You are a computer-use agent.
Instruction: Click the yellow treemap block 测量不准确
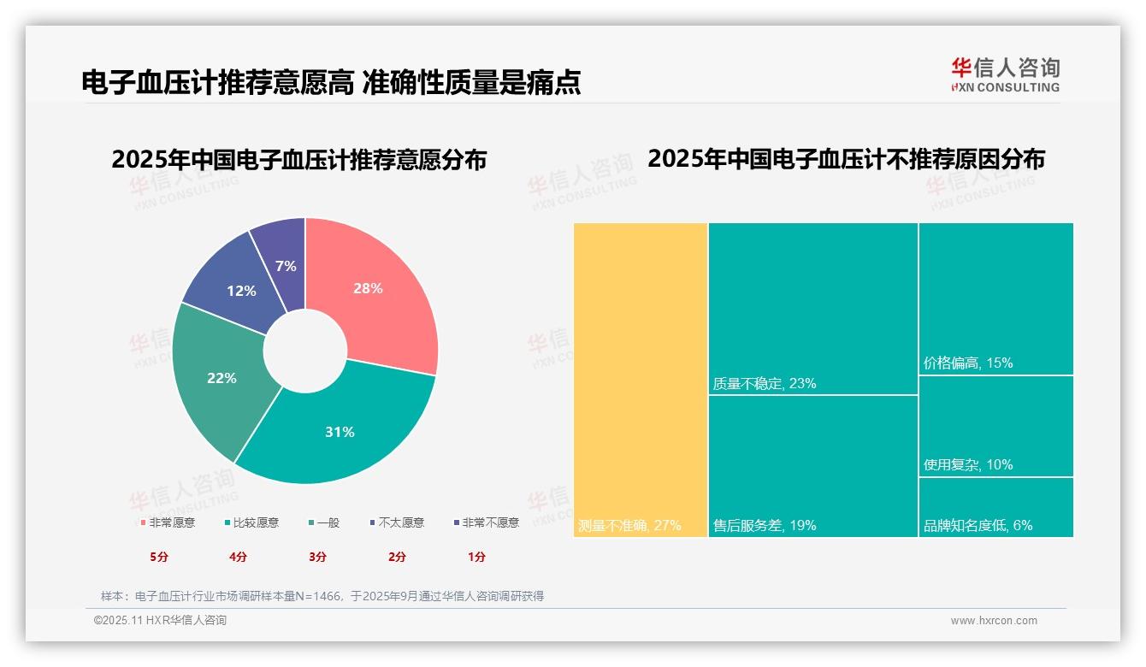click(641, 376)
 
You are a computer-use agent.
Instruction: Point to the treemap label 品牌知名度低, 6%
click(978, 525)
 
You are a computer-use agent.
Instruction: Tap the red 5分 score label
click(159, 557)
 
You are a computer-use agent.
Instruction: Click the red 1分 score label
click(476, 557)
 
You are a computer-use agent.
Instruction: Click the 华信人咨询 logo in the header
click(1005, 74)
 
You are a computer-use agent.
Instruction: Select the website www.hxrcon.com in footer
click(994, 621)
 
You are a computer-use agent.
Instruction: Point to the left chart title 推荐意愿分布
click(298, 160)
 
